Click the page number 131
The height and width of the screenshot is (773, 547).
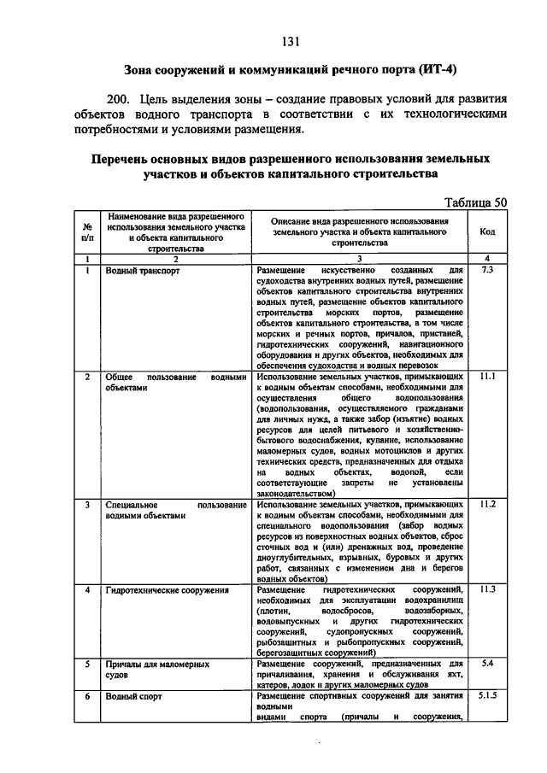tap(288, 40)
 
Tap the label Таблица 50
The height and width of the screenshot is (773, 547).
tap(477, 202)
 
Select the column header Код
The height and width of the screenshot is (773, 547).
tap(487, 231)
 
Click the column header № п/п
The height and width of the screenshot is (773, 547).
tap(87, 231)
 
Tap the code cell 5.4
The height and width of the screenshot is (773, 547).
tap(487, 663)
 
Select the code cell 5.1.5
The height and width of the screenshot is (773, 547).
tap(487, 696)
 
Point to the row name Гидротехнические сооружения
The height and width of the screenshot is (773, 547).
tap(167, 590)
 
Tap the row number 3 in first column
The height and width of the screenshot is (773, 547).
tap(87, 505)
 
